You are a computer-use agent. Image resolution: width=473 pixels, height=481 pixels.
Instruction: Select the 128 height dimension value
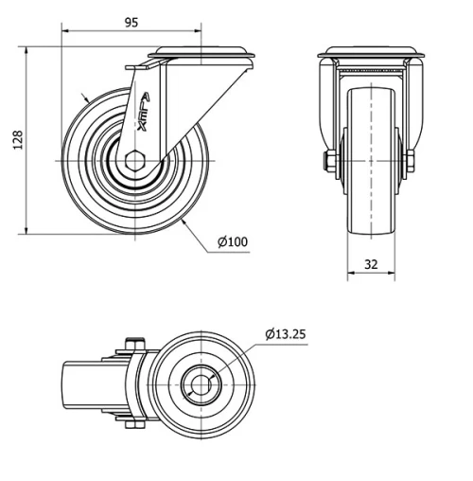coord(16,139)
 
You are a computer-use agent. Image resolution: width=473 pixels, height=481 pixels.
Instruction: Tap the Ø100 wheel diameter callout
coord(232,242)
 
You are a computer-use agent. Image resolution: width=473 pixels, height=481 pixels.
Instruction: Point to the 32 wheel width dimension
coord(371,264)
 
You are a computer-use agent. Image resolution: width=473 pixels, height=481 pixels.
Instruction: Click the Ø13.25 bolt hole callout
coord(286,333)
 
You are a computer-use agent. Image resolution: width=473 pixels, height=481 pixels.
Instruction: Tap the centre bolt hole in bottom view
coord(201,384)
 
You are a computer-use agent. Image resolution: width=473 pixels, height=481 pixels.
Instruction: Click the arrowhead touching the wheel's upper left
coord(88,98)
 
